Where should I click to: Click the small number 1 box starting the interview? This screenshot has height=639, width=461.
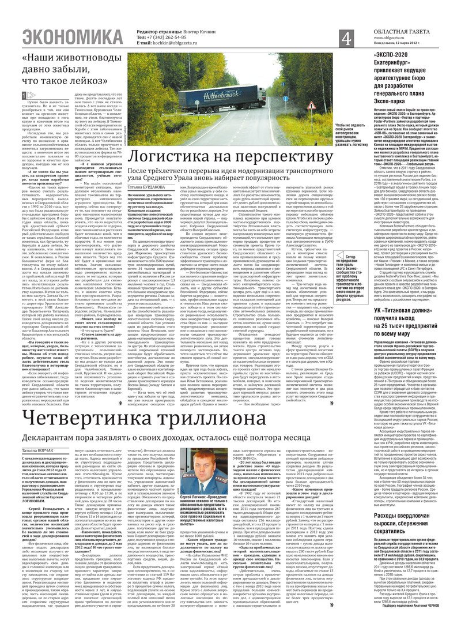click(x=23, y=96)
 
